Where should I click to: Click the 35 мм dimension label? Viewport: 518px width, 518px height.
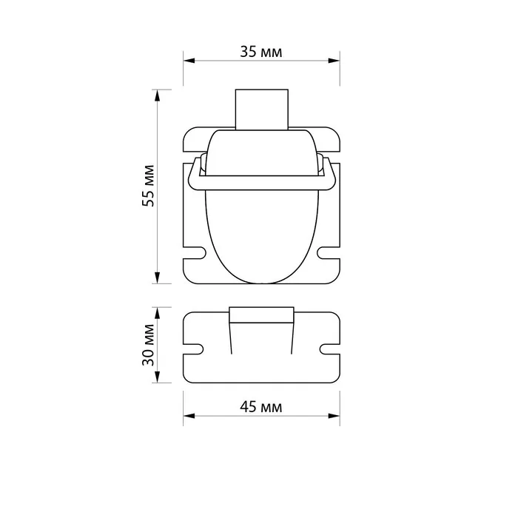[x=261, y=52]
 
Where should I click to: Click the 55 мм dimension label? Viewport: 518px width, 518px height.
[x=148, y=186]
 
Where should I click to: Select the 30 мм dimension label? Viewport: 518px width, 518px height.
[x=148, y=345]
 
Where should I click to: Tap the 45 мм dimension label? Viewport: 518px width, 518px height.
[x=261, y=407]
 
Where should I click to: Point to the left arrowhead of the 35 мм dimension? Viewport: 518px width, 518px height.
[x=189, y=61]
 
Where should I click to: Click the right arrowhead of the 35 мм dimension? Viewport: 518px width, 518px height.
[x=334, y=61]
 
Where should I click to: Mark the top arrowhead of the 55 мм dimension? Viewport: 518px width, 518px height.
[x=157, y=95]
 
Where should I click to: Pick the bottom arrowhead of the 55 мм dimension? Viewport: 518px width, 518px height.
[x=157, y=277]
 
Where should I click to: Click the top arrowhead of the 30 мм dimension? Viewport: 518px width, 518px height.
[x=157, y=313]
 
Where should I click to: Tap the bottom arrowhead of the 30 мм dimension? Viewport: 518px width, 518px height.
[x=157, y=377]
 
